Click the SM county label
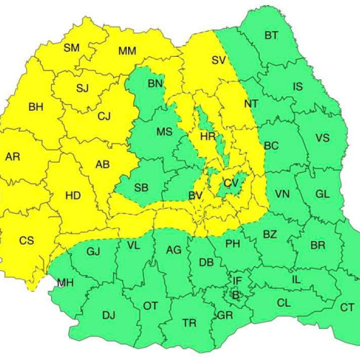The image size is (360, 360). click(72, 48)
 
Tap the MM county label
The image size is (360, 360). click(127, 51)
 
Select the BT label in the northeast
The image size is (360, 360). click(271, 35)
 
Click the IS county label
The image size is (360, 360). click(297, 86)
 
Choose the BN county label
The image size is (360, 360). click(155, 84)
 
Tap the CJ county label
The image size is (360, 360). click(104, 115)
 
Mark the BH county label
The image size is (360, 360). click(35, 107)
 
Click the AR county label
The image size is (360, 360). click(12, 156)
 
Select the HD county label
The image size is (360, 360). click(73, 195)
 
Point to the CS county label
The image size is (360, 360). click(26, 240)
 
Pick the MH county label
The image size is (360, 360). click(66, 282)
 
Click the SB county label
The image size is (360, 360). click(142, 188)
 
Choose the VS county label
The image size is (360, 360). click(322, 138)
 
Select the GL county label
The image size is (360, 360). click(322, 194)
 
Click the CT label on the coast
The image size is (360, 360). click(347, 307)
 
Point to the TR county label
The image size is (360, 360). click(189, 323)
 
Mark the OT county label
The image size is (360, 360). click(150, 306)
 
